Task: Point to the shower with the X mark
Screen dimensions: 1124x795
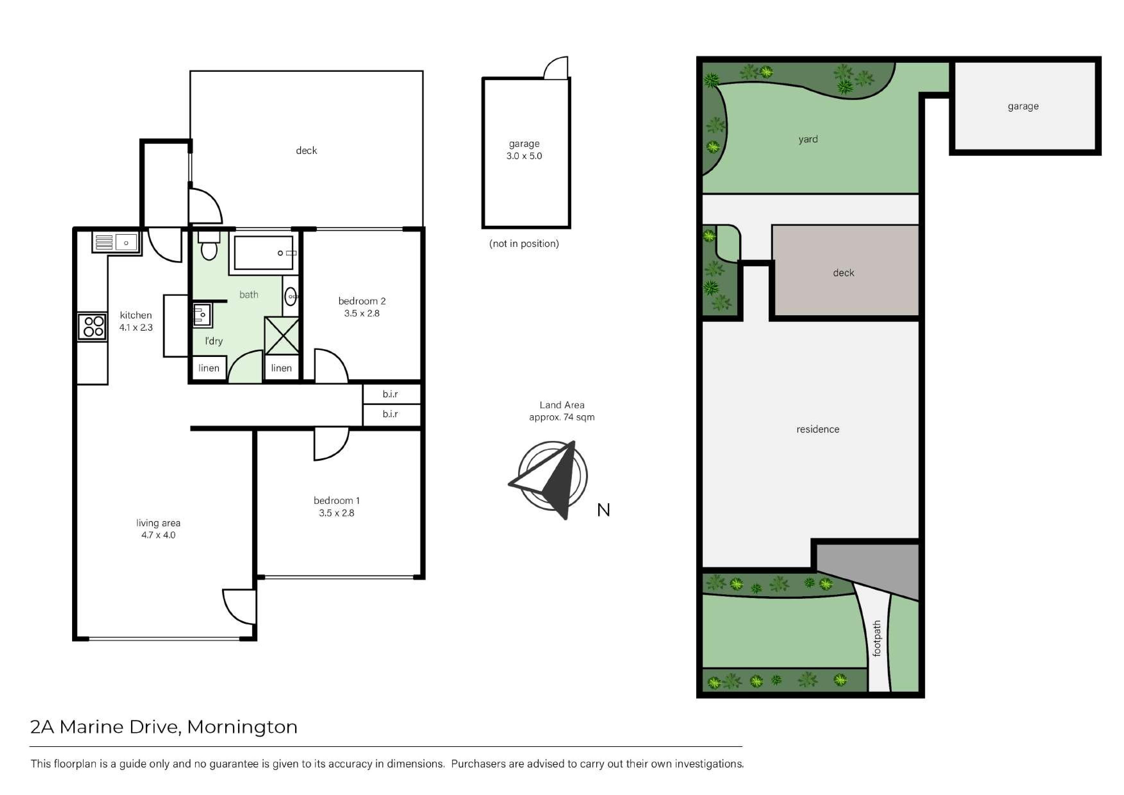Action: [x=282, y=335]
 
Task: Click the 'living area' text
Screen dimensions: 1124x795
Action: [x=158, y=523]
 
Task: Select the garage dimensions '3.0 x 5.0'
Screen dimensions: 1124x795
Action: [x=524, y=156]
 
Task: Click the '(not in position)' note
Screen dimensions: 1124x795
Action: [x=524, y=243]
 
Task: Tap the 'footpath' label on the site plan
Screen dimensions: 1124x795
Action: [x=877, y=638]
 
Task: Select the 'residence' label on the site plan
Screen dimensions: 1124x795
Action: [x=818, y=429]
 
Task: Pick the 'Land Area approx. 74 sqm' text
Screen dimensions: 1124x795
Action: [x=562, y=411]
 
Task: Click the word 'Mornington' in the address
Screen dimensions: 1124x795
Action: [x=242, y=727]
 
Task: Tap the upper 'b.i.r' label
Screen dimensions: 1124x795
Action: [x=390, y=394]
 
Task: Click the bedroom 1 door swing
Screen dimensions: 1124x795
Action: [x=331, y=444]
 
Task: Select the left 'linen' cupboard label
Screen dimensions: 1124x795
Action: [x=209, y=368]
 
